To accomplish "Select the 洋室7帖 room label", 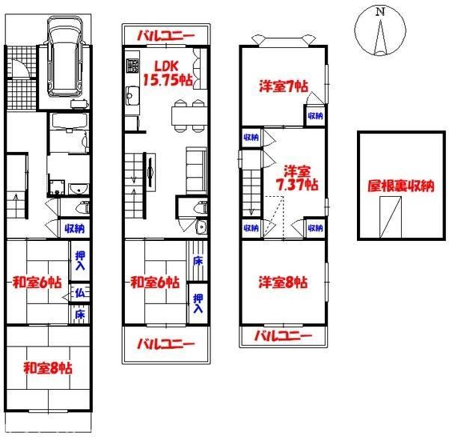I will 282,87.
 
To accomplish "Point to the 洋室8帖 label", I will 282,282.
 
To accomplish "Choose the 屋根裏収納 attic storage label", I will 400,186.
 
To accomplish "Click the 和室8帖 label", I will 47,367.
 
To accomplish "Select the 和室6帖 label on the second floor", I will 154,282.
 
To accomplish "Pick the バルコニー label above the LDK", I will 168,35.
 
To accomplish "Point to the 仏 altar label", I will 79,293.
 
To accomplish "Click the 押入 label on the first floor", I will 79,260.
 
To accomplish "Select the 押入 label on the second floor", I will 198,303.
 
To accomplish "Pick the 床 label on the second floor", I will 198,261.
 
